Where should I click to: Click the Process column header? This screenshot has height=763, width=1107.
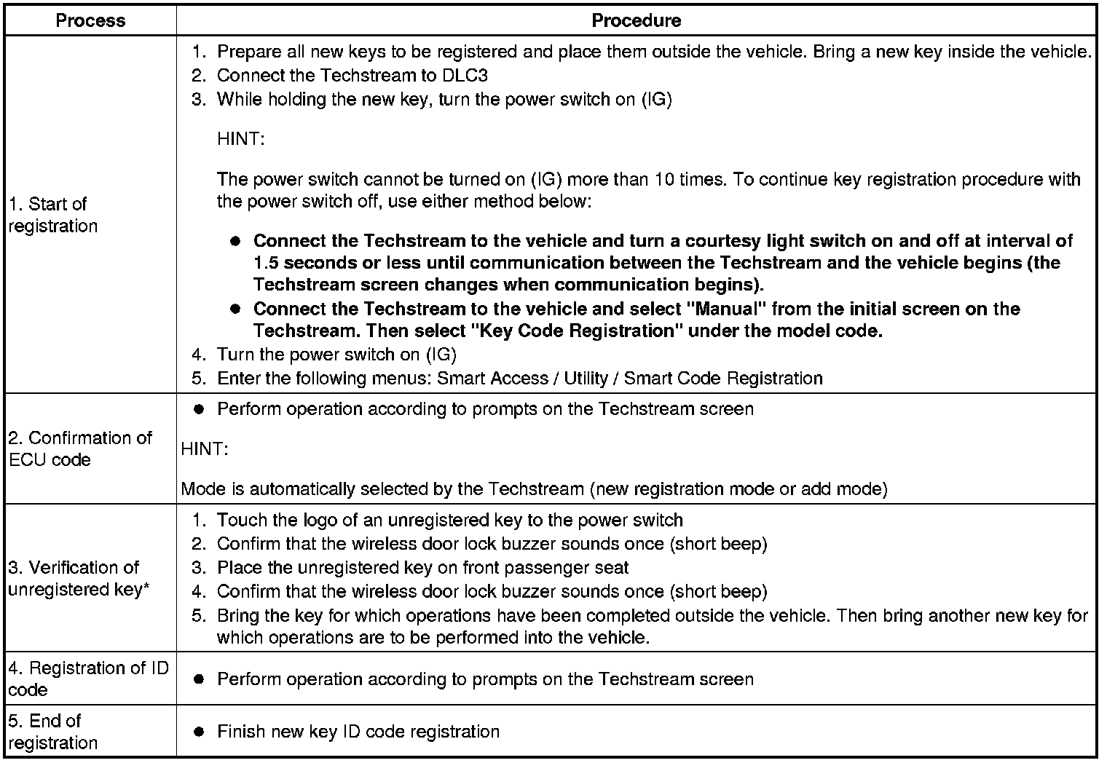click(x=90, y=20)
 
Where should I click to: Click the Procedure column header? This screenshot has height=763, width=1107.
click(x=636, y=20)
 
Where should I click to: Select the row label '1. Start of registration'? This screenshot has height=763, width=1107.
click(x=52, y=215)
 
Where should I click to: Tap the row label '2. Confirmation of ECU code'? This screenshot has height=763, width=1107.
click(x=79, y=448)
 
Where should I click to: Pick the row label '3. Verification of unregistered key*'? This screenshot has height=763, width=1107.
click(x=79, y=578)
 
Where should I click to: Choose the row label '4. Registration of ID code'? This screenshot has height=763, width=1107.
click(x=88, y=679)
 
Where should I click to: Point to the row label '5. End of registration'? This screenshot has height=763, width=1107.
click(x=52, y=731)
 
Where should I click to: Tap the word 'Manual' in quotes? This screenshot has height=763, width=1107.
click(x=727, y=309)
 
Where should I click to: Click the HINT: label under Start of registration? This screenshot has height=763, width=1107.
click(x=240, y=139)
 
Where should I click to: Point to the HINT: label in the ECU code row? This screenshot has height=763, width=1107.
click(x=205, y=449)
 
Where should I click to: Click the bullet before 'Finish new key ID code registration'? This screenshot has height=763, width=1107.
click(x=198, y=732)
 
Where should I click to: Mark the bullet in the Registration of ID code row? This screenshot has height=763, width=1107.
click(x=198, y=679)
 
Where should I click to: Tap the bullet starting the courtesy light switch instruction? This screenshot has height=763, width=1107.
click(x=235, y=241)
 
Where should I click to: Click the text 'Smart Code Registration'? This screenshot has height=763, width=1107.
click(x=723, y=379)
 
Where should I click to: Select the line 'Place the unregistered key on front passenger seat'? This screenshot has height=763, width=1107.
click(x=422, y=568)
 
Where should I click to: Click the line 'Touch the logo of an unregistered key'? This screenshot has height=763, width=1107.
click(x=449, y=521)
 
